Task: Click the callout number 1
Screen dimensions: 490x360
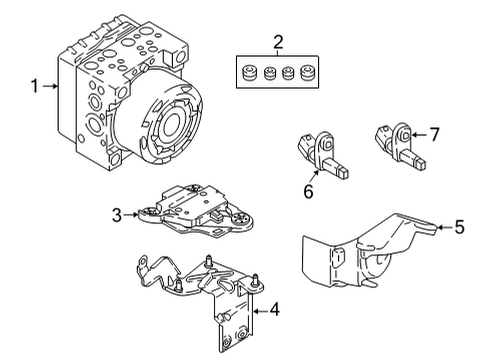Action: tap(35, 86)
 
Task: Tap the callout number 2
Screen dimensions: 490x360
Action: tap(278, 42)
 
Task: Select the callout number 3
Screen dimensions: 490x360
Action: tap(117, 215)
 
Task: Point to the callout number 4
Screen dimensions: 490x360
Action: tap(274, 310)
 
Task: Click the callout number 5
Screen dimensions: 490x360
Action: tap(459, 227)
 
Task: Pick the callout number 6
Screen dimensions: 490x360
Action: tap(308, 191)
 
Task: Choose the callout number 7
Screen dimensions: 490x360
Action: tap(434, 135)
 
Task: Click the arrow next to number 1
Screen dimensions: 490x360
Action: tap(50, 86)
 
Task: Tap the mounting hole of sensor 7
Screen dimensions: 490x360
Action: tap(405, 135)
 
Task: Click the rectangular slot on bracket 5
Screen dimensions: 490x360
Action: tap(338, 258)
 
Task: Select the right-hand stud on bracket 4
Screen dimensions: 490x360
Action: tap(256, 281)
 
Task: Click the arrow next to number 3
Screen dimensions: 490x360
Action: tap(130, 215)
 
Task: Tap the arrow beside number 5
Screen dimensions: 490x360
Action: tap(444, 227)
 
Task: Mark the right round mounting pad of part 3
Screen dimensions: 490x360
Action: tap(241, 219)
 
